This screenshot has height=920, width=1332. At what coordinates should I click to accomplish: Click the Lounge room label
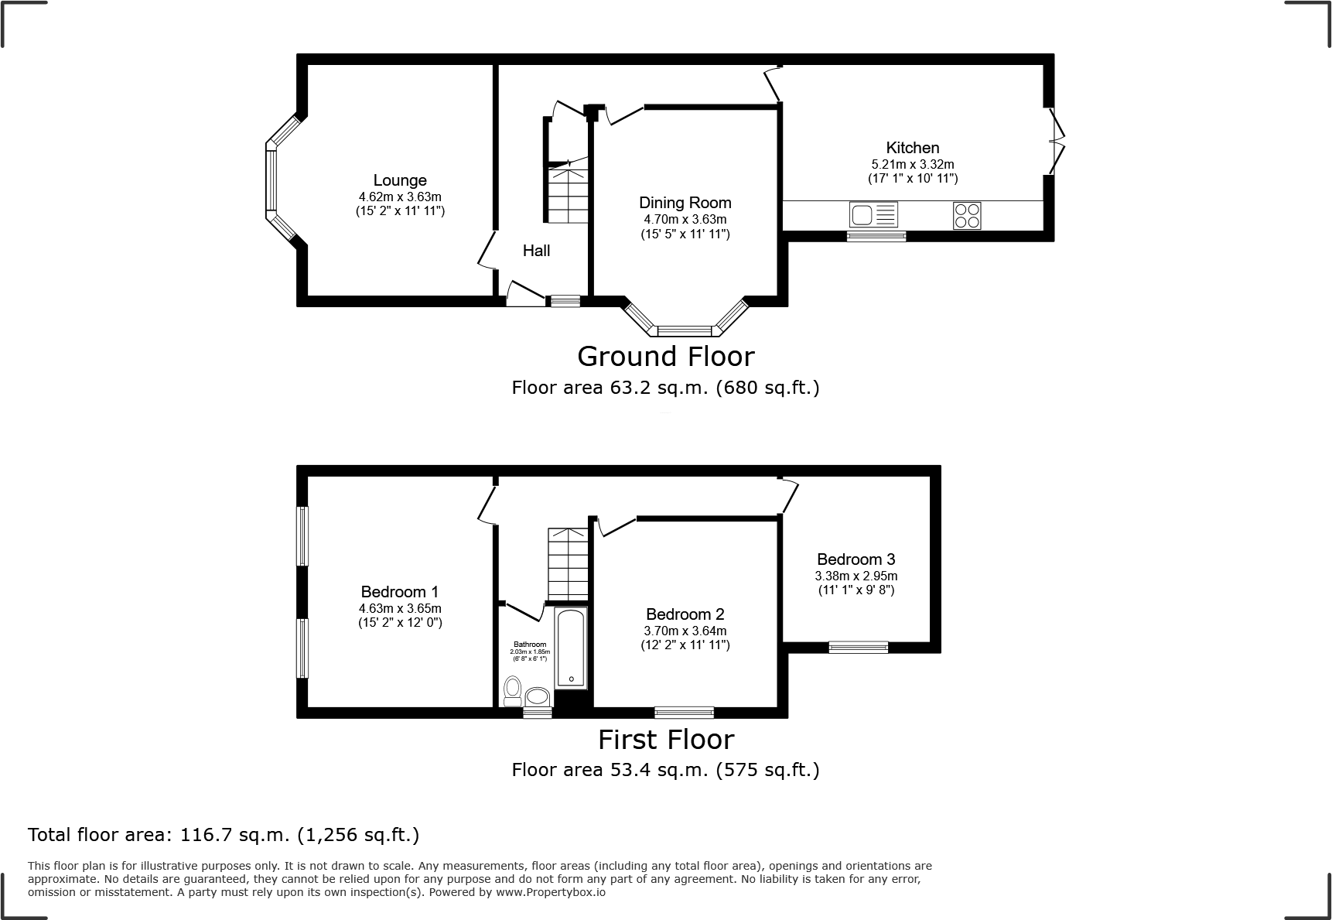click(400, 180)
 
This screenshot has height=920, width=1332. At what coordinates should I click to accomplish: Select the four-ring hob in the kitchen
click(967, 215)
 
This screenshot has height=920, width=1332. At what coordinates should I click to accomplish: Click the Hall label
click(536, 251)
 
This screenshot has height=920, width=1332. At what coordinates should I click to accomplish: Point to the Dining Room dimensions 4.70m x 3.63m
click(685, 220)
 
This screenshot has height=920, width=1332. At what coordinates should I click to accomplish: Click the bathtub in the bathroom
click(572, 648)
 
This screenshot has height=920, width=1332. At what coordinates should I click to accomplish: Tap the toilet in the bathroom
click(512, 690)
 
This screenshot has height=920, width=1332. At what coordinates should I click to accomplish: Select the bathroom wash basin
click(538, 697)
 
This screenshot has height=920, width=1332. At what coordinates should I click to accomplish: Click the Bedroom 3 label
click(856, 559)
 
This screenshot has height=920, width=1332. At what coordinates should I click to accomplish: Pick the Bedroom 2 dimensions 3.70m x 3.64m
click(685, 631)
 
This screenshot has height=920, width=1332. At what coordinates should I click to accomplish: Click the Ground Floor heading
click(665, 357)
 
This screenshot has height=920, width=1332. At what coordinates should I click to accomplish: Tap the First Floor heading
click(665, 740)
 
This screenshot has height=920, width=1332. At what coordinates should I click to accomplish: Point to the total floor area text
click(224, 835)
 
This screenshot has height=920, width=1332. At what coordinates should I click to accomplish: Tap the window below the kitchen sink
click(876, 236)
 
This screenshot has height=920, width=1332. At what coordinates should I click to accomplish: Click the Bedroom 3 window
click(858, 647)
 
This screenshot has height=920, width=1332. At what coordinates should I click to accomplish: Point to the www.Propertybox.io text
click(551, 892)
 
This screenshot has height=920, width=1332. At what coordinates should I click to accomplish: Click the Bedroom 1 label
click(400, 593)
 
